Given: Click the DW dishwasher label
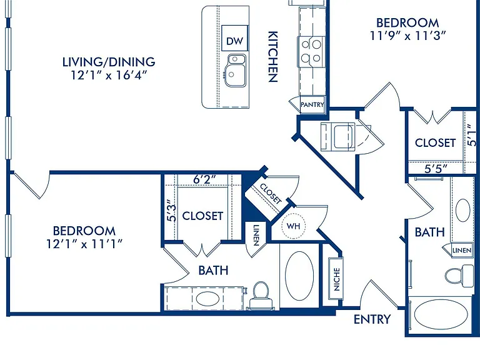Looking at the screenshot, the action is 234,41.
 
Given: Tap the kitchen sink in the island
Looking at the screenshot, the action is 235,71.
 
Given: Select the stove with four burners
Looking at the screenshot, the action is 311,51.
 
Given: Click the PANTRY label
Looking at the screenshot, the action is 312,105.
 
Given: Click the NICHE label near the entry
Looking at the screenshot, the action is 336,279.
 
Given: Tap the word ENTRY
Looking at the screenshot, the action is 372,319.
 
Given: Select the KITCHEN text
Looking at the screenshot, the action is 272,57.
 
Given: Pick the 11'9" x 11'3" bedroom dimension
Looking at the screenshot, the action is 407,36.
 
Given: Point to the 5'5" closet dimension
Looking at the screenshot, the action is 436,169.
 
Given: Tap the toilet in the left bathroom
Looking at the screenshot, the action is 261,295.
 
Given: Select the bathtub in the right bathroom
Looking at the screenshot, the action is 441,315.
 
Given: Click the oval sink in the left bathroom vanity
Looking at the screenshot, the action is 207,299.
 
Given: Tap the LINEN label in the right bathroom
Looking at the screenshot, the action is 462,251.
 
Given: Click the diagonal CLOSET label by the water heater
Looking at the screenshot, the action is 271,194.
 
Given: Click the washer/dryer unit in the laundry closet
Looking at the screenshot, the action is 338,136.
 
